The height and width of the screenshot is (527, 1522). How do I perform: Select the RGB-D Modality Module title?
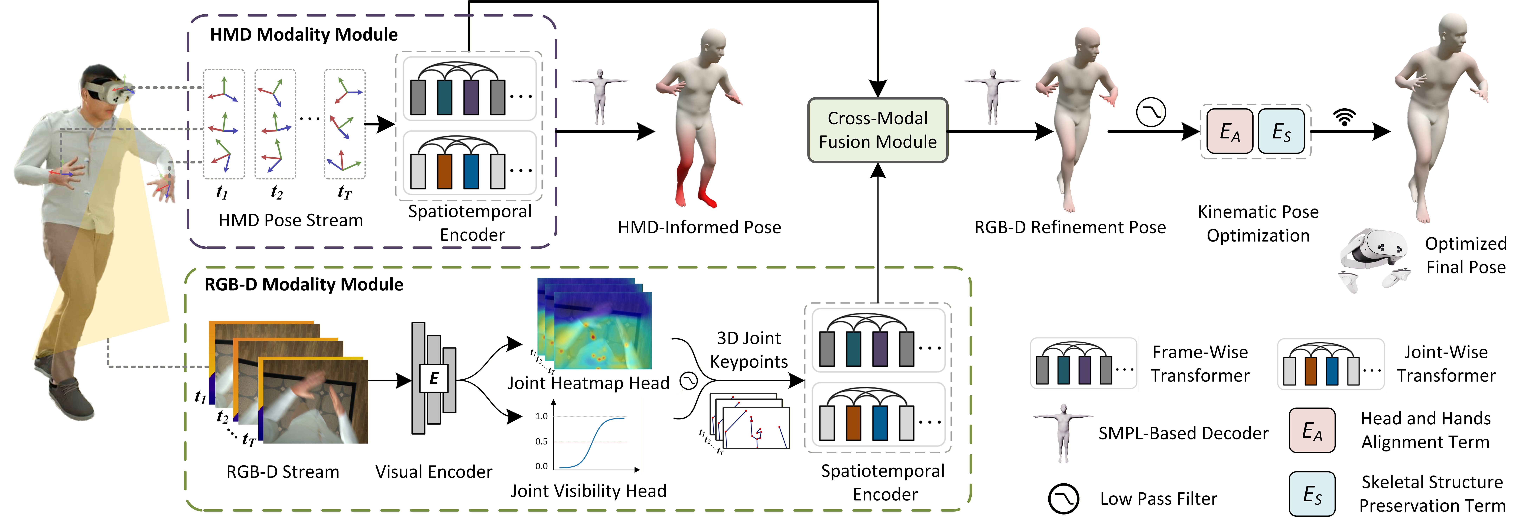[x=304, y=284]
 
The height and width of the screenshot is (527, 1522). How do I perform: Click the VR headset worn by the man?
[x=109, y=92]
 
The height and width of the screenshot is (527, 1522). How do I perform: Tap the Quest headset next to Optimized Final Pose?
[x=1374, y=257]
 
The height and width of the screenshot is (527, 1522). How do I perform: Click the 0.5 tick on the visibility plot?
[x=541, y=441]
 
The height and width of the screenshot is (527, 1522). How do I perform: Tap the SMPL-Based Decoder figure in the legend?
[x=1064, y=431]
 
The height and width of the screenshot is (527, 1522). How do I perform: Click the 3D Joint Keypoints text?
[x=749, y=350]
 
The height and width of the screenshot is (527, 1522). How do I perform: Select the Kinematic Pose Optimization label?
[x=1258, y=223]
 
